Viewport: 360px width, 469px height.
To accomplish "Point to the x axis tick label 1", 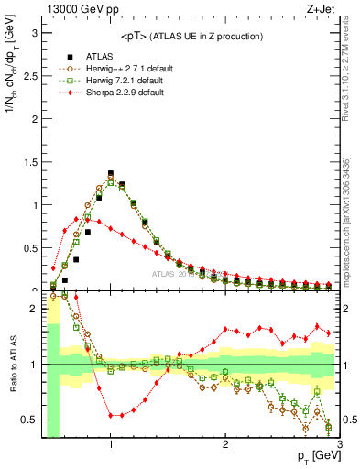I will [110, 444].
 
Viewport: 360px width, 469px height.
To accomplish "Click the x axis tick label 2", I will [224, 444].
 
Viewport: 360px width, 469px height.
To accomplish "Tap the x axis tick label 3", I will [339, 444].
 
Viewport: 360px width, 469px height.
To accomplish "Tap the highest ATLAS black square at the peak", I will [110, 172].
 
